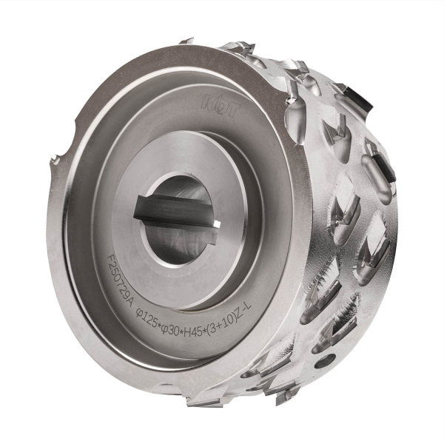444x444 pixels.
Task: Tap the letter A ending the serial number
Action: pos(132,295)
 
